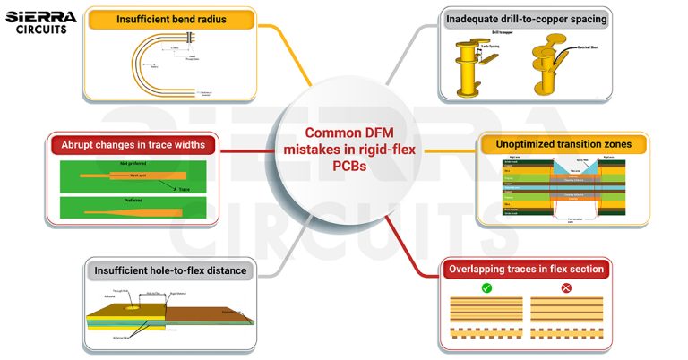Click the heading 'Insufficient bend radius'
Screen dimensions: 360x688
(169, 19)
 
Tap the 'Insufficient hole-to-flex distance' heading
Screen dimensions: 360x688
(170, 269)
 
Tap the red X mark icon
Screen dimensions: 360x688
(565, 288)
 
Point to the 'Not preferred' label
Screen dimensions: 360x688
(133, 165)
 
